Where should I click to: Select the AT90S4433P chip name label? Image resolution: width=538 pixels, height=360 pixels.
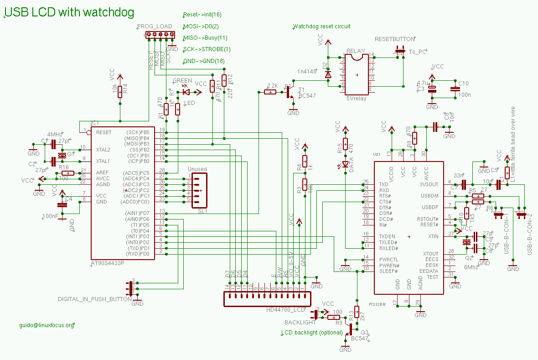click(108, 263)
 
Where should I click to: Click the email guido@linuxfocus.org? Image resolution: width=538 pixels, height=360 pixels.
click(47, 325)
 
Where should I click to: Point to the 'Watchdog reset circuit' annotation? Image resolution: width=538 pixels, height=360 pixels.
click(322, 26)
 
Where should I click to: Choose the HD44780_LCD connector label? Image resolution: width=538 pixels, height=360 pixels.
click(285, 310)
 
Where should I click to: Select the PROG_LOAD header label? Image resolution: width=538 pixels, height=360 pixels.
click(155, 26)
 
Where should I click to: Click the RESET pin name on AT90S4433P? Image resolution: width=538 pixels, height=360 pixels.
click(103, 132)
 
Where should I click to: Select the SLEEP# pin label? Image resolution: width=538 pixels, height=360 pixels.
click(388, 271)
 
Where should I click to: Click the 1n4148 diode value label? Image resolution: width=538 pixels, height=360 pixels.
click(307, 72)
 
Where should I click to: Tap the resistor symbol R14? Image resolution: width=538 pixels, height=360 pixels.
click(120, 92)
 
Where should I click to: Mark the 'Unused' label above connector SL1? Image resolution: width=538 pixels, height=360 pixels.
click(197, 169)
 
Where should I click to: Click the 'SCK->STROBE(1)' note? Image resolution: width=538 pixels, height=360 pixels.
click(207, 49)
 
